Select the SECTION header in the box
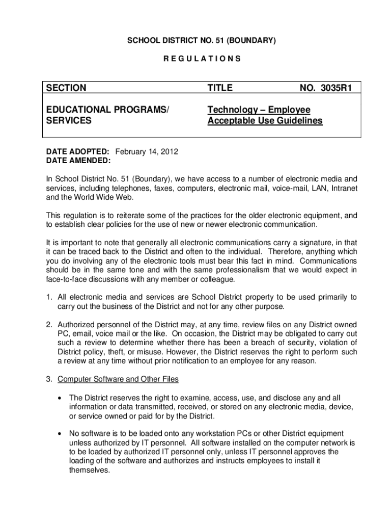coord(66,88)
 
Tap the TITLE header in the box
coord(220,88)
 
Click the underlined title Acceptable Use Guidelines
coord(265,121)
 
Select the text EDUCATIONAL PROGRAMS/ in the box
coord(106,110)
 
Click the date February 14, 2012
coord(147,152)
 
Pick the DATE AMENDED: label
coord(78,161)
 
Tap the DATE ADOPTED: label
coord(78,152)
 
